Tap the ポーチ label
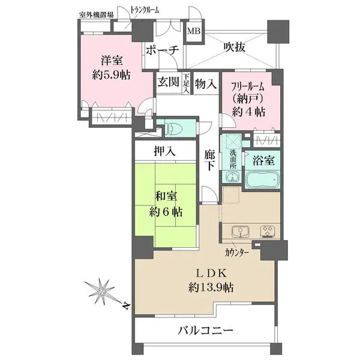click(x=162, y=50)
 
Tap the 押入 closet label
click(x=164, y=151)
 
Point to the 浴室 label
click(x=264, y=160)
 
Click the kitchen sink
click(x=239, y=231)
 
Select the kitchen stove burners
click(x=266, y=231)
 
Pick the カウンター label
click(x=238, y=252)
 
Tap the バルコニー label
click(x=205, y=331)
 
